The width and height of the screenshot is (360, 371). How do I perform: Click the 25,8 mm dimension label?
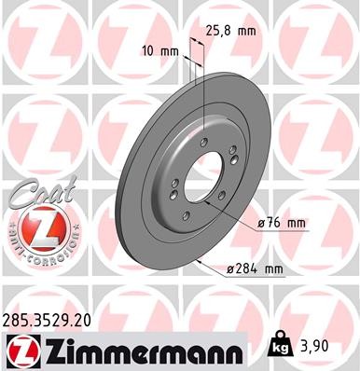tap(232, 31)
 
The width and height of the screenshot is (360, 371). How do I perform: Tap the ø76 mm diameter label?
tap(281, 224)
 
